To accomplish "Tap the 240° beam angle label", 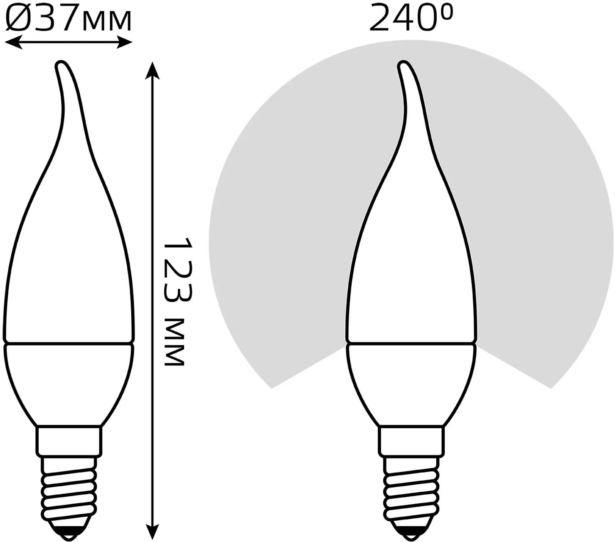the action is pos(411,17).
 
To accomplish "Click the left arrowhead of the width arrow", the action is pos(13,42).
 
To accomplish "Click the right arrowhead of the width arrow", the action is pos(125,42).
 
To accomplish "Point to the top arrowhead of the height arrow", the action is pos(152,70).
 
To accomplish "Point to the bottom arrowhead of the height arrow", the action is pos(152,530).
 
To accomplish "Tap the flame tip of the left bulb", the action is pos(61,64).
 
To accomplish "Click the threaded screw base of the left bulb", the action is pos(69,488).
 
